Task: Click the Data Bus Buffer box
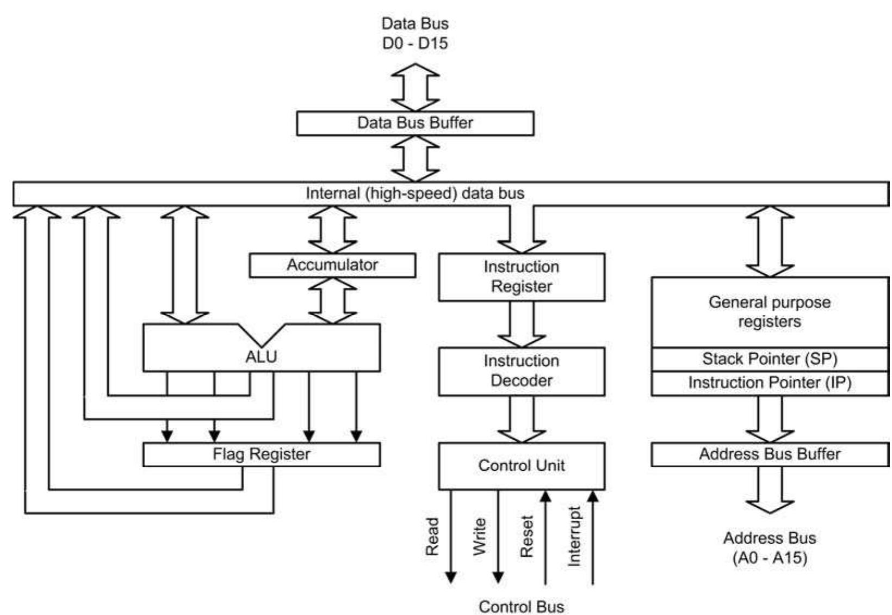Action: point(415,123)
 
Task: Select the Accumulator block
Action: point(332,265)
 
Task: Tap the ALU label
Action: point(261,356)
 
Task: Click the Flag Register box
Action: point(261,454)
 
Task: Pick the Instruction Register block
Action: point(522,277)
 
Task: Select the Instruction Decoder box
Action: point(522,372)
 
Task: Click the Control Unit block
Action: point(522,466)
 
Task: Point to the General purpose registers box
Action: point(770,312)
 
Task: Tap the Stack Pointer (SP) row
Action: point(770,360)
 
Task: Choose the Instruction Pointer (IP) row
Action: point(770,384)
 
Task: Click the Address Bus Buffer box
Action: point(770,454)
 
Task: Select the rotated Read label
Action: point(432,537)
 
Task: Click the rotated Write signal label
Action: point(480,537)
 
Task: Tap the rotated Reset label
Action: point(527,537)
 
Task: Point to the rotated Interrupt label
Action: point(574,537)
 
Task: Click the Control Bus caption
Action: point(521,607)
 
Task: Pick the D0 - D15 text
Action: point(415,43)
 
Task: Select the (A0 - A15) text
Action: point(770,558)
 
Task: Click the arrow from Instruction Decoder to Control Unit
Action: point(522,419)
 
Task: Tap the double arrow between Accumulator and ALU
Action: point(332,301)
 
